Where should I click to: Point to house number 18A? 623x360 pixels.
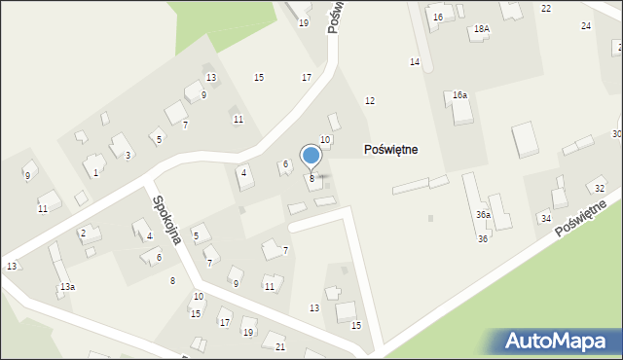click(481, 30)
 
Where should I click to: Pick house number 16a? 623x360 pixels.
click(459, 94)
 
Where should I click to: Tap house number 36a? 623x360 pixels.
click(483, 214)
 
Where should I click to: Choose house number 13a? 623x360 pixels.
click(67, 287)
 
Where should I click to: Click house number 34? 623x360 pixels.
click(546, 219)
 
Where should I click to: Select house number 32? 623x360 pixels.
click(600, 188)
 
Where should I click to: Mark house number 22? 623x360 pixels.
click(546, 8)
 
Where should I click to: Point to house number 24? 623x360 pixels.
click(585, 25)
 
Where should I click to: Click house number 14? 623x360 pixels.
click(415, 62)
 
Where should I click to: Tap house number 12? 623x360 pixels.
click(370, 101)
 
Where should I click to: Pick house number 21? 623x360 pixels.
click(280, 347)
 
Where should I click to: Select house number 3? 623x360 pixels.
click(128, 156)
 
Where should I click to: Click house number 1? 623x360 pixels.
click(95, 173)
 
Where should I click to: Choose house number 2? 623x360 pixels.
click(84, 234)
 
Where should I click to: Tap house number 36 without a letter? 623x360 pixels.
click(483, 238)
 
